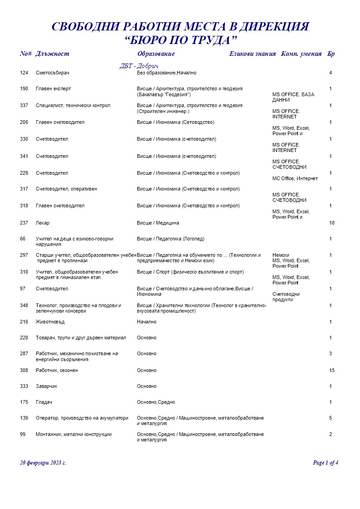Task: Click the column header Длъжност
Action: click(52, 54)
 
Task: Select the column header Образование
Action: click(156, 54)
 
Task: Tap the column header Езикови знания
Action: click(253, 54)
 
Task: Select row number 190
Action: click(24, 88)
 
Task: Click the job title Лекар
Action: click(43, 223)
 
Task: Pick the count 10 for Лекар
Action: click(331, 223)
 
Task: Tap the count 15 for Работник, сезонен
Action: click(331, 370)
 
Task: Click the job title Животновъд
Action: click(50, 322)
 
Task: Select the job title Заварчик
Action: click(47, 386)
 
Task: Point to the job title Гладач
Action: click(44, 402)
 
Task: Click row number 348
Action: click(24, 305)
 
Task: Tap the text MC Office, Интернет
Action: click(295, 178)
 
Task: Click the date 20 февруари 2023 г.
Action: click(43, 463)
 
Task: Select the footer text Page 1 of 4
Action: click(326, 463)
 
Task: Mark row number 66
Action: click(23, 239)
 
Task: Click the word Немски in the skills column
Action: click(281, 255)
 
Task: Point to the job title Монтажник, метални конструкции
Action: click(73, 434)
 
